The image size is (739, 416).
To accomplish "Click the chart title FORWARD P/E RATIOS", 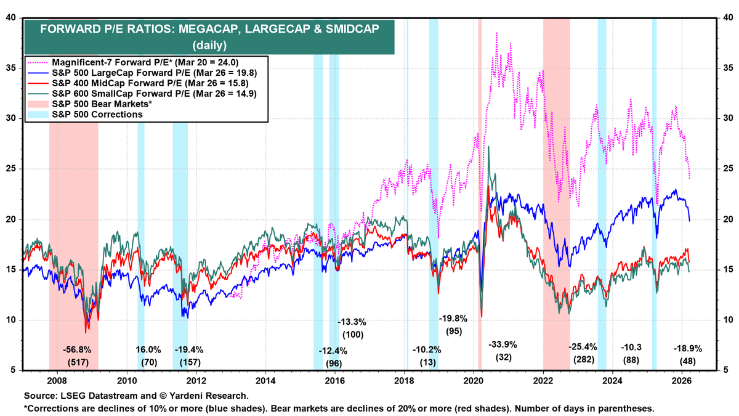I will click(x=209, y=29).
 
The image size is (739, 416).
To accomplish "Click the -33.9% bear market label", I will click(x=504, y=343).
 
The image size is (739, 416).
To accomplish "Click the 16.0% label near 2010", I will click(x=148, y=349).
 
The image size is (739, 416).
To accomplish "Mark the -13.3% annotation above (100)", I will click(x=353, y=322).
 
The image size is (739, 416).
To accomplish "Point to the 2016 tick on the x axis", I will click(x=335, y=381).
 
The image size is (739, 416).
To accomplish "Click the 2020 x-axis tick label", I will click(x=474, y=381).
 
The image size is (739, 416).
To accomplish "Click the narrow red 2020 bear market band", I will click(x=480, y=185).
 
